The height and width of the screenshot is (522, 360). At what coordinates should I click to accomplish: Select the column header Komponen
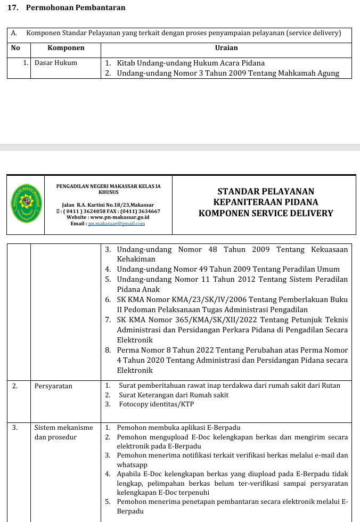(66, 48)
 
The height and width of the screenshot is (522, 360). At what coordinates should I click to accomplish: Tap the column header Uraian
(226, 48)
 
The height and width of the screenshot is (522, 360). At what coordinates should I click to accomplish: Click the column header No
(15, 48)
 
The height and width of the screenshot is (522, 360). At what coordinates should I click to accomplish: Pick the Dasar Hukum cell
(56, 63)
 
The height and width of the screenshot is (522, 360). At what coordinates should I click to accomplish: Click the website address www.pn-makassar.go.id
(120, 217)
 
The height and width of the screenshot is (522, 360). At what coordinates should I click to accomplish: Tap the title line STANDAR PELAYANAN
(266, 191)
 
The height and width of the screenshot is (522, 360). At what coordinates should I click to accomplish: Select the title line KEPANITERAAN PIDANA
(266, 202)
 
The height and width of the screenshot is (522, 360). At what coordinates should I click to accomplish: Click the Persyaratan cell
(53, 386)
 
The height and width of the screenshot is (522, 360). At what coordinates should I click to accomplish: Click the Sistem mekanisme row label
(63, 428)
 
